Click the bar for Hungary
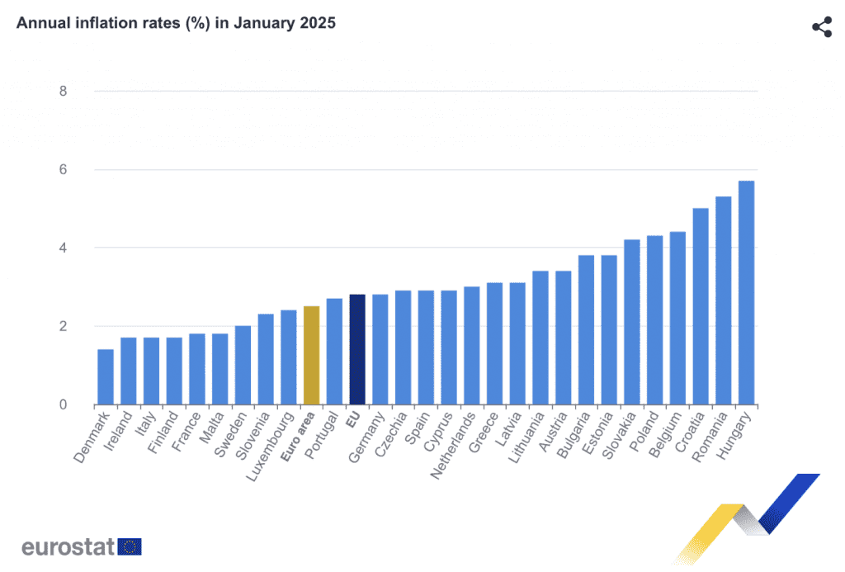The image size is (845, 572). [x=746, y=293]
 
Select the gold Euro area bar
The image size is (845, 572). [x=311, y=356]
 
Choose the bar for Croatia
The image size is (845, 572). [x=701, y=306]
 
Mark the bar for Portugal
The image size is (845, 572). [x=334, y=352]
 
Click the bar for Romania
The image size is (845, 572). [x=723, y=300]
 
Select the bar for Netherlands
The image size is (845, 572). [x=471, y=346]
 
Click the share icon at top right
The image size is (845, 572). [x=822, y=26]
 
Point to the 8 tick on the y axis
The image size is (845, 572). [x=63, y=91]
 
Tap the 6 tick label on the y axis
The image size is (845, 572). [x=63, y=170]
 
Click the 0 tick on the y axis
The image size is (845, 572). [x=63, y=404]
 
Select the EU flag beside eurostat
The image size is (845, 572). [x=130, y=546]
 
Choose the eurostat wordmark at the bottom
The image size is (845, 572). [x=68, y=546]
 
